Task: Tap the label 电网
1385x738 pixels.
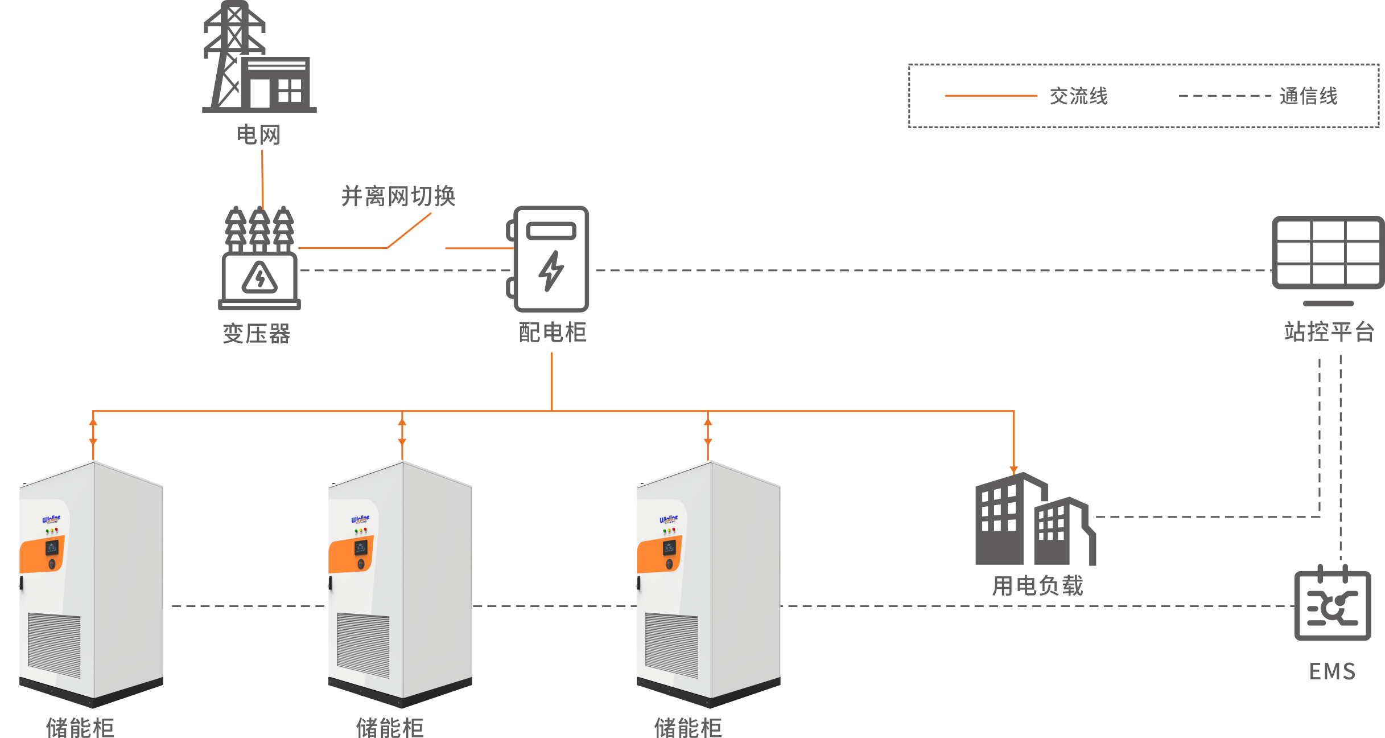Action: click(259, 136)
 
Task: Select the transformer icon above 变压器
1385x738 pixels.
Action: click(259, 259)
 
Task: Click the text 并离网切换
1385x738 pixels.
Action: click(398, 196)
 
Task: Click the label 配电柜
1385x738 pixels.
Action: click(552, 333)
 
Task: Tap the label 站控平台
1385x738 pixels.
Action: click(1329, 331)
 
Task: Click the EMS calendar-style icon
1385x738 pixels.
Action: click(1332, 604)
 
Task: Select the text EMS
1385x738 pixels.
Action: click(1332, 671)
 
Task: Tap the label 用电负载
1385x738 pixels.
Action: click(1037, 586)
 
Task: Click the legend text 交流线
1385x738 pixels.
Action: click(1078, 96)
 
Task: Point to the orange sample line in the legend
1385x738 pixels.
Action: click(990, 96)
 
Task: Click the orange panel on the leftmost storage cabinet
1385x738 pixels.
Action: click(41, 555)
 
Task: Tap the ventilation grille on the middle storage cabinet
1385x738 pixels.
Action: click(362, 645)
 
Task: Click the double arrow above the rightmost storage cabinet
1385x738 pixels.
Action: click(708, 432)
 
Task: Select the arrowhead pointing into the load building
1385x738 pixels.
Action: click(1013, 469)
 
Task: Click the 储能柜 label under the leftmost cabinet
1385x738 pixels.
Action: click(80, 727)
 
